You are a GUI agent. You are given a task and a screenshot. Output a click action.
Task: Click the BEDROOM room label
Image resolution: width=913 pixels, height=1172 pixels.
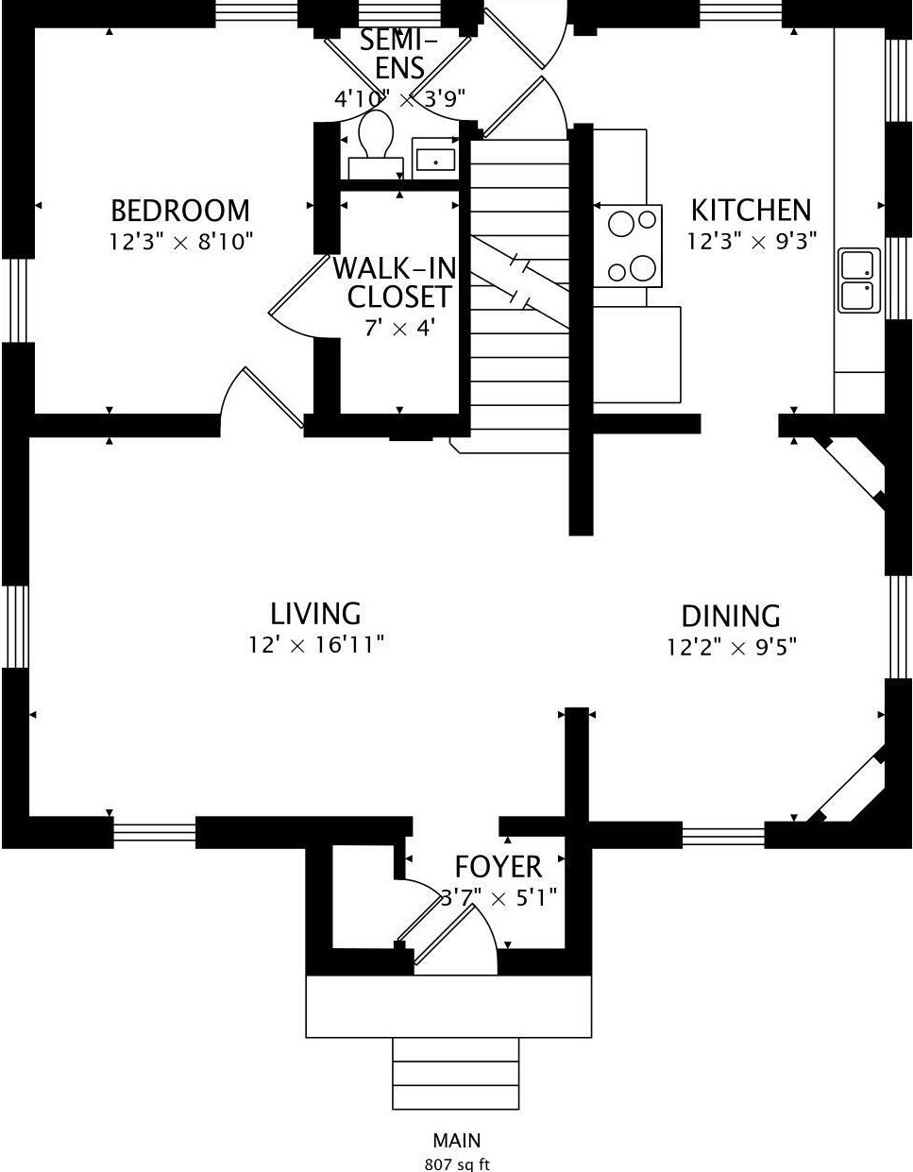pyautogui.click(x=180, y=210)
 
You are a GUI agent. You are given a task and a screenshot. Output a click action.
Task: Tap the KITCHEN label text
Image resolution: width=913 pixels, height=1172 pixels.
pyautogui.click(x=751, y=210)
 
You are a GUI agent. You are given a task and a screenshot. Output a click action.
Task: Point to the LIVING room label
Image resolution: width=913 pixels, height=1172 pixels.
pyautogui.click(x=315, y=614)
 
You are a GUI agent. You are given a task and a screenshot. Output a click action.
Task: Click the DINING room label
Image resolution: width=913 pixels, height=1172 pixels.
pyautogui.click(x=731, y=617)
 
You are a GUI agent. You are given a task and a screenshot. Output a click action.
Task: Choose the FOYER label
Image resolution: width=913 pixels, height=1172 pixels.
pyautogui.click(x=498, y=866)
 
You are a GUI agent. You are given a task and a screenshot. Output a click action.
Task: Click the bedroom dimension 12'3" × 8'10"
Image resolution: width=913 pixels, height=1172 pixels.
pyautogui.click(x=181, y=242)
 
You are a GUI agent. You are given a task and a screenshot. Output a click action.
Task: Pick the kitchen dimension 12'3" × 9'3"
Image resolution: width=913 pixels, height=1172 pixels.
pyautogui.click(x=751, y=242)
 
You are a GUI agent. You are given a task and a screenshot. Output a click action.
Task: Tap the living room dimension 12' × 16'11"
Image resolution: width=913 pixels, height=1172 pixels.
pyautogui.click(x=315, y=645)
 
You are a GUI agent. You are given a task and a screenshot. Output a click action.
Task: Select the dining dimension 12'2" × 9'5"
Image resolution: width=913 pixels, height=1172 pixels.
pyautogui.click(x=732, y=648)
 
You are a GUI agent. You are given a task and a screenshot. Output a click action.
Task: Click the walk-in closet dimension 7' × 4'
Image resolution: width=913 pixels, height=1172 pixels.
pyautogui.click(x=399, y=329)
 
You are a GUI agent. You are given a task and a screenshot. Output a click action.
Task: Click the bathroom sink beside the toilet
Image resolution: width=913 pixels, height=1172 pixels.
pyautogui.click(x=434, y=159)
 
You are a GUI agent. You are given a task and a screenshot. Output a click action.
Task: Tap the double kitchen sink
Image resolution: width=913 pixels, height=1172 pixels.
pyautogui.click(x=859, y=280)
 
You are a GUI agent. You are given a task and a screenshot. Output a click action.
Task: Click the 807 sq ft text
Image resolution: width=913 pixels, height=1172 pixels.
pyautogui.click(x=457, y=1164)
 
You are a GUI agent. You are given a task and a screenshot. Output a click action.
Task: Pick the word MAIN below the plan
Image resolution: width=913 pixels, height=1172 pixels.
pyautogui.click(x=457, y=1141)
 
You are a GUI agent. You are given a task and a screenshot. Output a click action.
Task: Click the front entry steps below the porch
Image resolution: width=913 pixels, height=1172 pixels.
pyautogui.click(x=456, y=1074)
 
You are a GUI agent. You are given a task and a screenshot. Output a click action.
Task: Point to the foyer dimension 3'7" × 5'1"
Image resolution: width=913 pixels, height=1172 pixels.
pyautogui.click(x=499, y=896)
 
